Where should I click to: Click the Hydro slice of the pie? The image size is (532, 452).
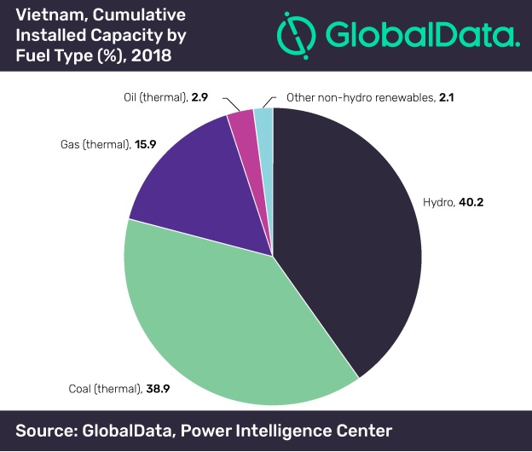[350, 230]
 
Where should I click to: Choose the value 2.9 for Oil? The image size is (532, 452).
[201, 98]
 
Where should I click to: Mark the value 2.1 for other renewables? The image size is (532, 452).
[446, 99]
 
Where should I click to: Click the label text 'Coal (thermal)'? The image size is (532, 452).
[104, 389]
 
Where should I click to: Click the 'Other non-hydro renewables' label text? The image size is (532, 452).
[360, 99]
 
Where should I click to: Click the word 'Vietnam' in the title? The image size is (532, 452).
[47, 14]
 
